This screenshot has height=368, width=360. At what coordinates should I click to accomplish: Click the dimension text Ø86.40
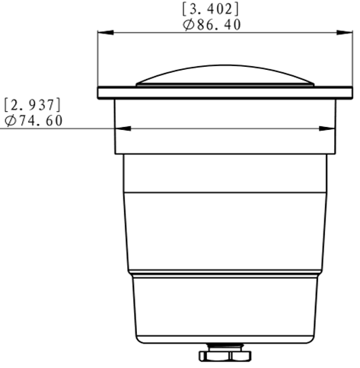pyautogui.click(x=212, y=25)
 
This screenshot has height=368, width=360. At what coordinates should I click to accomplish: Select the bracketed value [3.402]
pyautogui.click(x=211, y=9)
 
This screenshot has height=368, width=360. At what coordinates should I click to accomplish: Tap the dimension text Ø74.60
pyautogui.click(x=33, y=121)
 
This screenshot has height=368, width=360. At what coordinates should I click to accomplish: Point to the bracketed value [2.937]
pyautogui.click(x=33, y=105)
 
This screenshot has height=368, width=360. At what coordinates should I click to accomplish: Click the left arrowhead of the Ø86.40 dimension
pyautogui.click(x=106, y=33)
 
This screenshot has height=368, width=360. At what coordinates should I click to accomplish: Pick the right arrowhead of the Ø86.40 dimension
pyautogui.click(x=345, y=33)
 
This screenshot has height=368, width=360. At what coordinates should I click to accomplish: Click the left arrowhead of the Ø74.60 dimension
pyautogui.click(x=123, y=128)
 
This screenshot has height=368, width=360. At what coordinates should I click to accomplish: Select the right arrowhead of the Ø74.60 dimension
pyautogui.click(x=327, y=128)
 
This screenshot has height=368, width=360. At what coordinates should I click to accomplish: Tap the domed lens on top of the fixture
pyautogui.click(x=225, y=75)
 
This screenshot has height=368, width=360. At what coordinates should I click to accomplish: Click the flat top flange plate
pyautogui.click(x=225, y=93)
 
